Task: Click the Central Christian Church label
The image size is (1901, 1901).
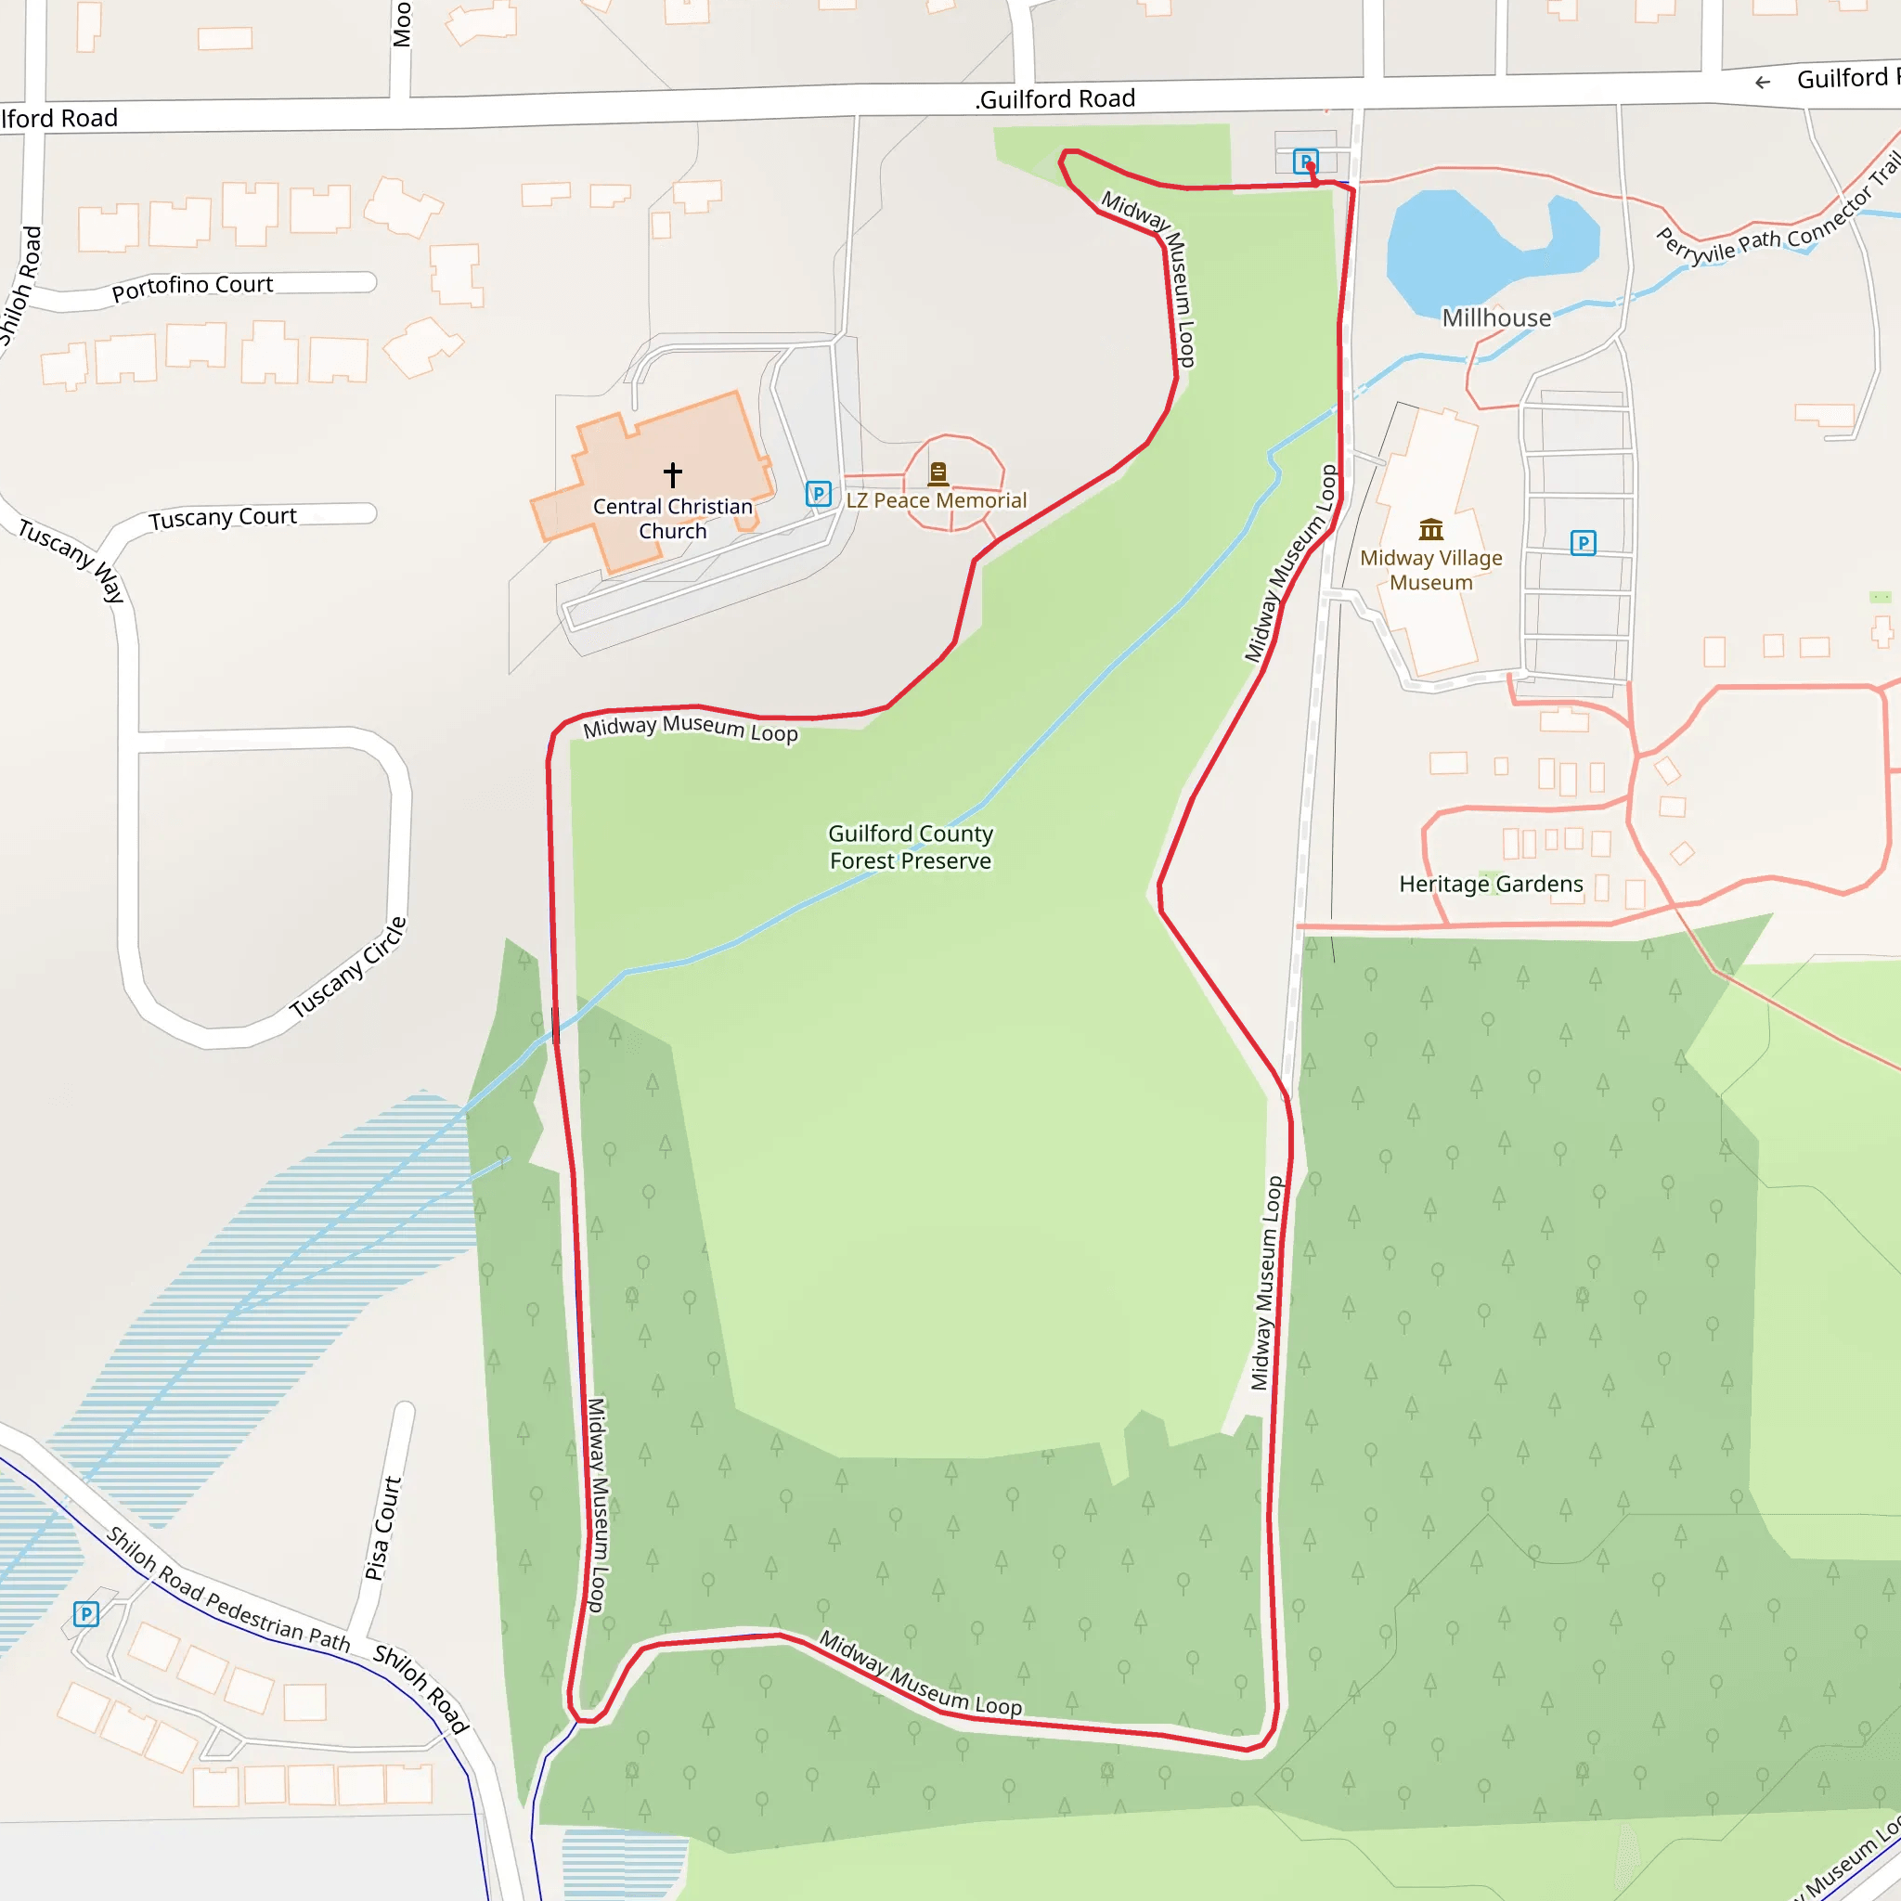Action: (672, 519)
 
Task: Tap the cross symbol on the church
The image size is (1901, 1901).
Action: (672, 475)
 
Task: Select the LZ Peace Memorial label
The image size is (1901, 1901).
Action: (936, 501)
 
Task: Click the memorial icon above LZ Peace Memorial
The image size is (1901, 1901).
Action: (938, 473)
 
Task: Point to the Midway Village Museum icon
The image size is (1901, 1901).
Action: (1430, 530)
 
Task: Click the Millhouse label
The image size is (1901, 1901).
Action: (1495, 317)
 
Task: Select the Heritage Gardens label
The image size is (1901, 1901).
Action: (1491, 884)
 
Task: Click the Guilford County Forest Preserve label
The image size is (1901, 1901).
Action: (911, 847)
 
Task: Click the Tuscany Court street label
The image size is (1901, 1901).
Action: (223, 518)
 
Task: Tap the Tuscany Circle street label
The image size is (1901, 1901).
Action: (348, 967)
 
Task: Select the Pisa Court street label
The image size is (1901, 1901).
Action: (382, 1527)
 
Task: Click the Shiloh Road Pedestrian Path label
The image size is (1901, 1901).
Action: (228, 1589)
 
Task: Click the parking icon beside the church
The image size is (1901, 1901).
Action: (819, 494)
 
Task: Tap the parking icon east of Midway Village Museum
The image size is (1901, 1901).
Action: (1584, 543)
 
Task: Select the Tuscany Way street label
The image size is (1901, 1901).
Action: (71, 560)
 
